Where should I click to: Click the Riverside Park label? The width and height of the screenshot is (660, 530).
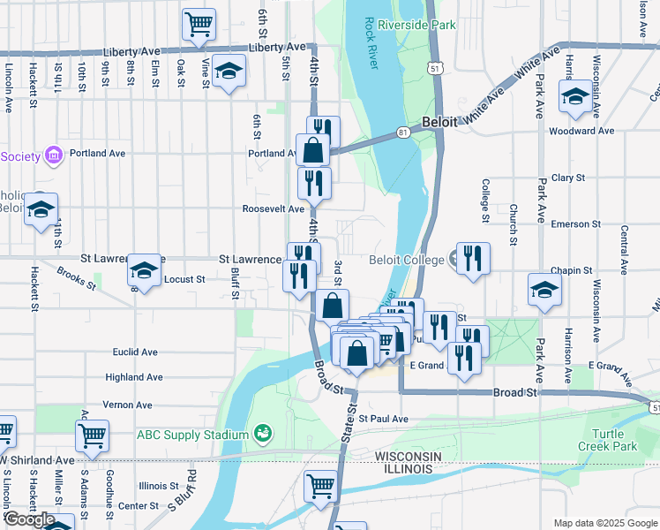(416, 25)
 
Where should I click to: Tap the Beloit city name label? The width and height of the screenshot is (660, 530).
(439, 123)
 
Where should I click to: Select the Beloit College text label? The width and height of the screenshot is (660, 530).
(405, 260)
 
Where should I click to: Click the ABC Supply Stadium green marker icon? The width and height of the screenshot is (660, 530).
(261, 433)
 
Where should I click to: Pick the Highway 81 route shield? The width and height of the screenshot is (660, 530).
(403, 132)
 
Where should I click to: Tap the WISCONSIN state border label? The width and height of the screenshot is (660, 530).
(408, 455)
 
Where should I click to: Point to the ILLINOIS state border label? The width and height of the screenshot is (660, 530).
(408, 468)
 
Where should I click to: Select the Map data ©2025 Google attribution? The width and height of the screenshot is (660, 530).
(604, 523)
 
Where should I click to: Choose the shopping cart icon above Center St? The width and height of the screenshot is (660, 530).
(320, 483)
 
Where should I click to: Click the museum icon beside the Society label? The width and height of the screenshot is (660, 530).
(54, 155)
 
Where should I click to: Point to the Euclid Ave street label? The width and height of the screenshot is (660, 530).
(135, 352)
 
